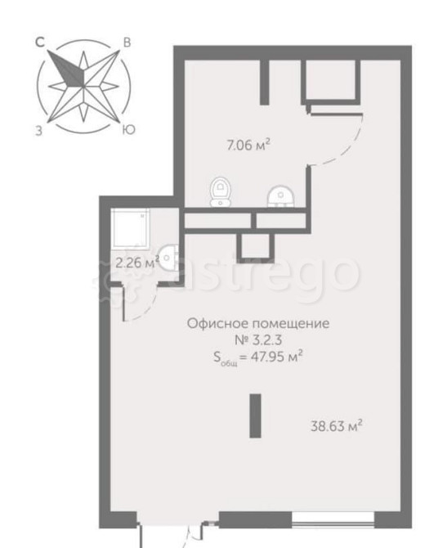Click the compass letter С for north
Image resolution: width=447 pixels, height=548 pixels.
pyautogui.click(x=40, y=43)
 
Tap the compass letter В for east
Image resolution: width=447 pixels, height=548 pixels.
pyautogui.click(x=127, y=43)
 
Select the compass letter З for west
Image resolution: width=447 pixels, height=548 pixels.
pyautogui.click(x=38, y=131)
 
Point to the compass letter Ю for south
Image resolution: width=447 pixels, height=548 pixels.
pyautogui.click(x=128, y=130)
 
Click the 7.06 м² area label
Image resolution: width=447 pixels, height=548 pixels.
pyautogui.click(x=248, y=144)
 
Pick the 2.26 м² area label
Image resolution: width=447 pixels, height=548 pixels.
pyautogui.click(x=137, y=262)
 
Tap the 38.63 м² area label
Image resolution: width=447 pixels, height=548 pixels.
pyautogui.click(x=336, y=426)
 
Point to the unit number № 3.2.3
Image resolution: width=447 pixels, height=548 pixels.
pyautogui.click(x=257, y=339)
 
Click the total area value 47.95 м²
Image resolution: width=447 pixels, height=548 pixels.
pyautogui.click(x=275, y=357)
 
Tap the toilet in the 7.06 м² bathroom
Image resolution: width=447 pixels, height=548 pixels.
pyautogui.click(x=220, y=192)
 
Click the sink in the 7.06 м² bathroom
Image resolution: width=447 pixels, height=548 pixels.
pyautogui.click(x=281, y=196)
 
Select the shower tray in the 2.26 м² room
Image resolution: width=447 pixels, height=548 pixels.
pyautogui.click(x=131, y=227)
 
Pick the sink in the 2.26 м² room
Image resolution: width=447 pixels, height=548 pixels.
pyautogui.click(x=168, y=258)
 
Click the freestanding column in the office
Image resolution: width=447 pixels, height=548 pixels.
pyautogui.click(x=256, y=415)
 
